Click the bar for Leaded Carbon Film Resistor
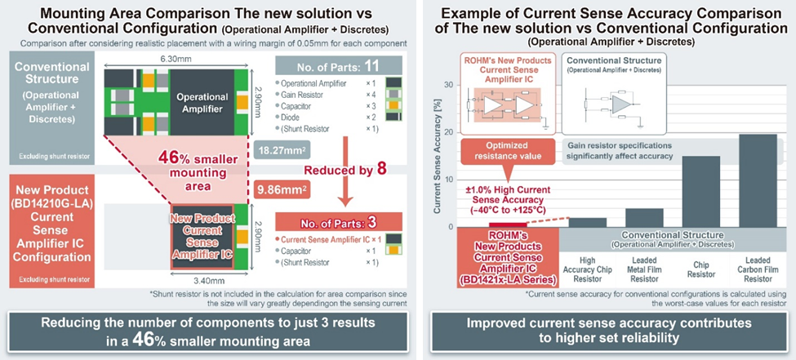pos(758,180)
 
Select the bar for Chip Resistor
pos(701,191)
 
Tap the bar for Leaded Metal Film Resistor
pos(644,217)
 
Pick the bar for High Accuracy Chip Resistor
pos(587,222)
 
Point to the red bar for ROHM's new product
pos(508,224)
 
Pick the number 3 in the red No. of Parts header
pos(371,222)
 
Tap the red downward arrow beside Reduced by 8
pos(345,169)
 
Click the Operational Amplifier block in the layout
pos(202,103)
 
